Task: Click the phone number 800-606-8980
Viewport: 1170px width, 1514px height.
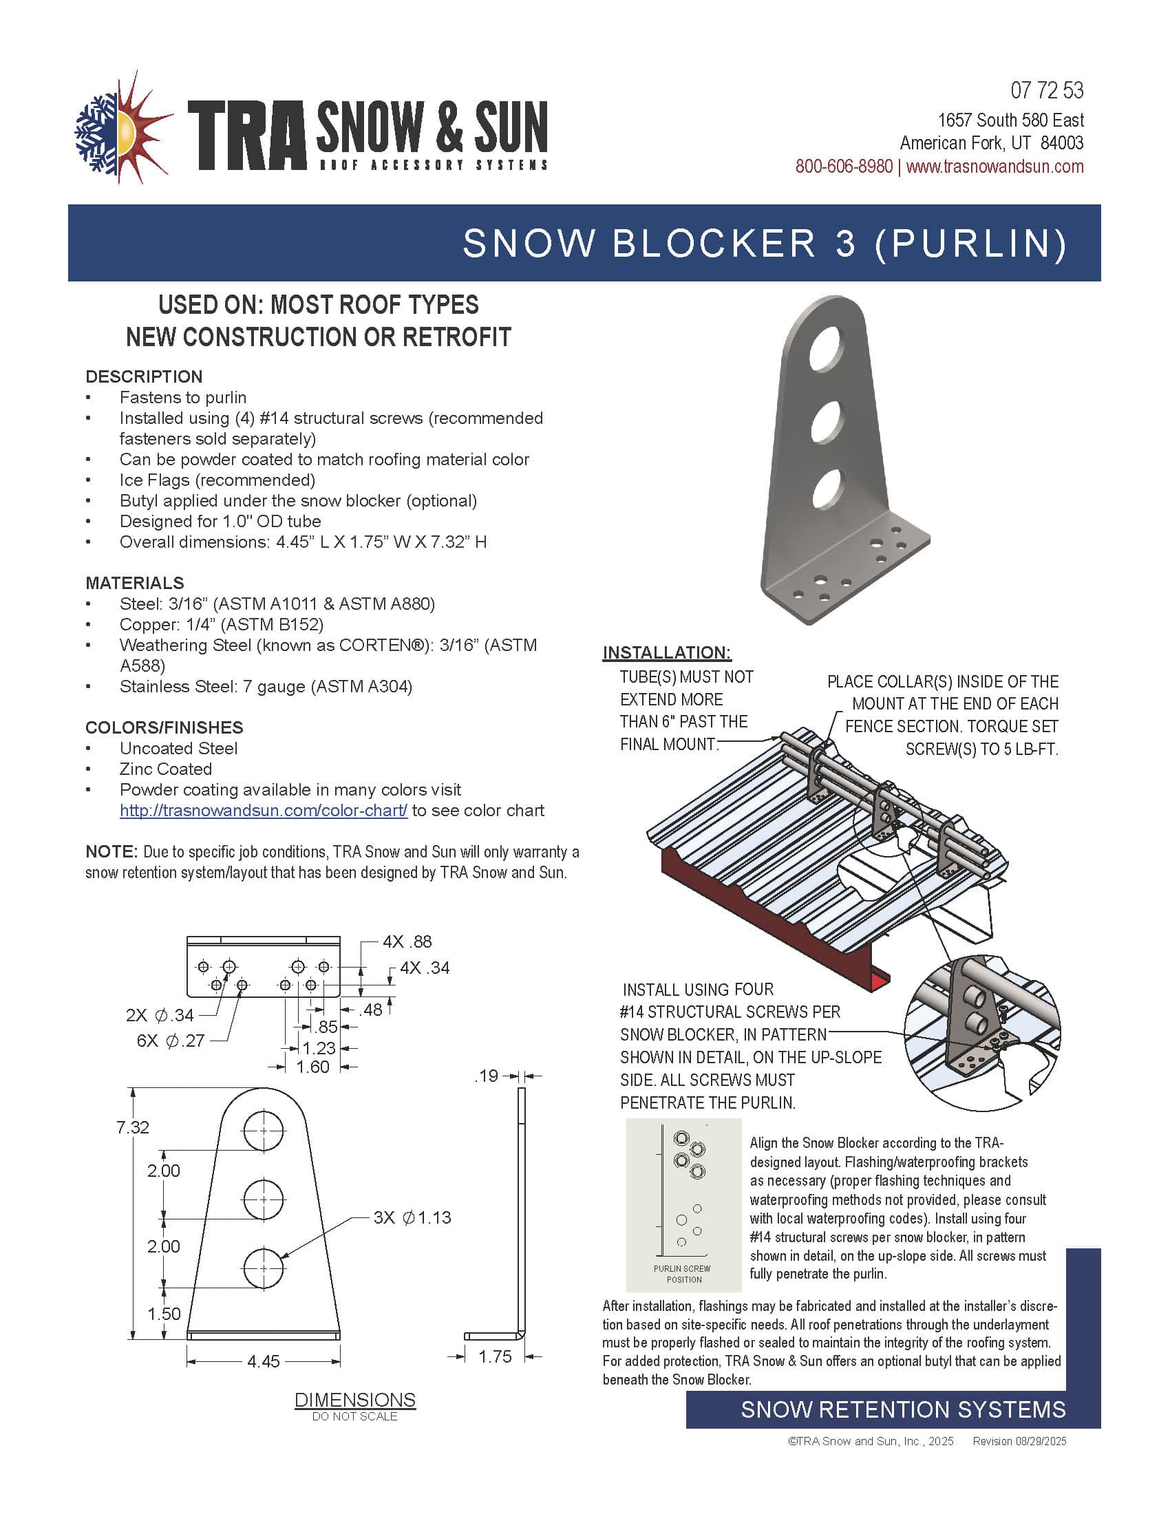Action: (x=844, y=167)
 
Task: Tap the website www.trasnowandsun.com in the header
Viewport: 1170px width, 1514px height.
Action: (x=994, y=167)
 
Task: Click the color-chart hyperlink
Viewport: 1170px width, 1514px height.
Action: (x=264, y=811)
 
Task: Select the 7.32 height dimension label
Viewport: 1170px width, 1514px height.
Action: (x=132, y=1127)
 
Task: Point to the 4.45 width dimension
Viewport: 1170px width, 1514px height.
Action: (x=264, y=1361)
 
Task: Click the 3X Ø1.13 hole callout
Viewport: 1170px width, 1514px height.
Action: (x=412, y=1217)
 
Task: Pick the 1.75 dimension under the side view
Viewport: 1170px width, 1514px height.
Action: (x=495, y=1356)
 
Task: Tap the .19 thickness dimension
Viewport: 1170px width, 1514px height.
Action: (x=487, y=1076)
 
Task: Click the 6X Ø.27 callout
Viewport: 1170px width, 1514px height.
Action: (x=171, y=1041)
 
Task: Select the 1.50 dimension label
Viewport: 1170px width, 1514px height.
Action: (x=164, y=1313)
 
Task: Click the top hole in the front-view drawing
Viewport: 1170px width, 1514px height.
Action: (x=264, y=1130)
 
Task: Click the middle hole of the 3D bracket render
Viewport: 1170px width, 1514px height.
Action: (x=826, y=420)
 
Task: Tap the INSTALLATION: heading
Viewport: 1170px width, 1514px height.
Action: (x=667, y=652)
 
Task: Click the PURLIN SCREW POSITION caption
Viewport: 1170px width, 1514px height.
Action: (x=683, y=1274)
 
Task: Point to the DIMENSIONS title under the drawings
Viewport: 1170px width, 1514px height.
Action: (x=355, y=1400)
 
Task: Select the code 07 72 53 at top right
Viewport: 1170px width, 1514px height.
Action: (x=1047, y=90)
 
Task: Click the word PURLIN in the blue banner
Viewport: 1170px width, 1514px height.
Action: (x=970, y=244)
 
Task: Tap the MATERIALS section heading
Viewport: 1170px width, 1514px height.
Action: (x=134, y=583)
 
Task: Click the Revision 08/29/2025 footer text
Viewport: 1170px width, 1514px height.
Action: (x=1019, y=1441)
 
